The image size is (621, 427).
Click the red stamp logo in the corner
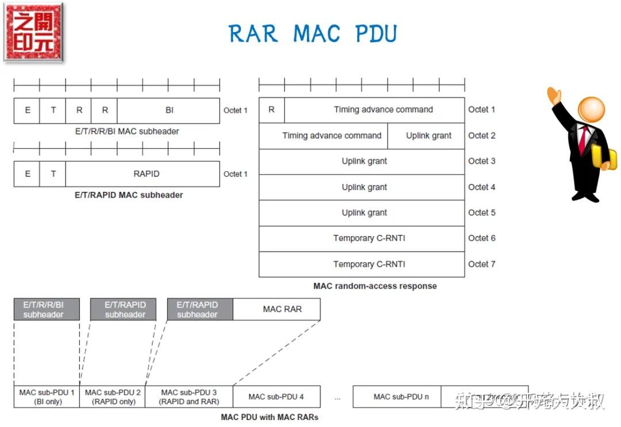33,32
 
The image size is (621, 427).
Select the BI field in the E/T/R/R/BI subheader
168,110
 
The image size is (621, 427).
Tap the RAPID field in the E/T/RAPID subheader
143,174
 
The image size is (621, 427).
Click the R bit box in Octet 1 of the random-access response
271,110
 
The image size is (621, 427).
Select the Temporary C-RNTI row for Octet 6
362,238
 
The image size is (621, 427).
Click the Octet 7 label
481,264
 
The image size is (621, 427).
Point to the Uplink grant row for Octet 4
362,187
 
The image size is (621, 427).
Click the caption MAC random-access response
375,286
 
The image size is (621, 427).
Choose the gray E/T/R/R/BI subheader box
47,309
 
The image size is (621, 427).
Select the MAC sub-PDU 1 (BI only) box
47,397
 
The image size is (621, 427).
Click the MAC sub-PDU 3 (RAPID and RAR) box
189,397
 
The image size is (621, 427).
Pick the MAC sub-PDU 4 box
276,397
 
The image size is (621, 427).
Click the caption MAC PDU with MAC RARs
269,417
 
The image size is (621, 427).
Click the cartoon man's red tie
583,137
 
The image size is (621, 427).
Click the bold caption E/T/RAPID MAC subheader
129,195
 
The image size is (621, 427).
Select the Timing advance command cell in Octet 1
374,110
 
